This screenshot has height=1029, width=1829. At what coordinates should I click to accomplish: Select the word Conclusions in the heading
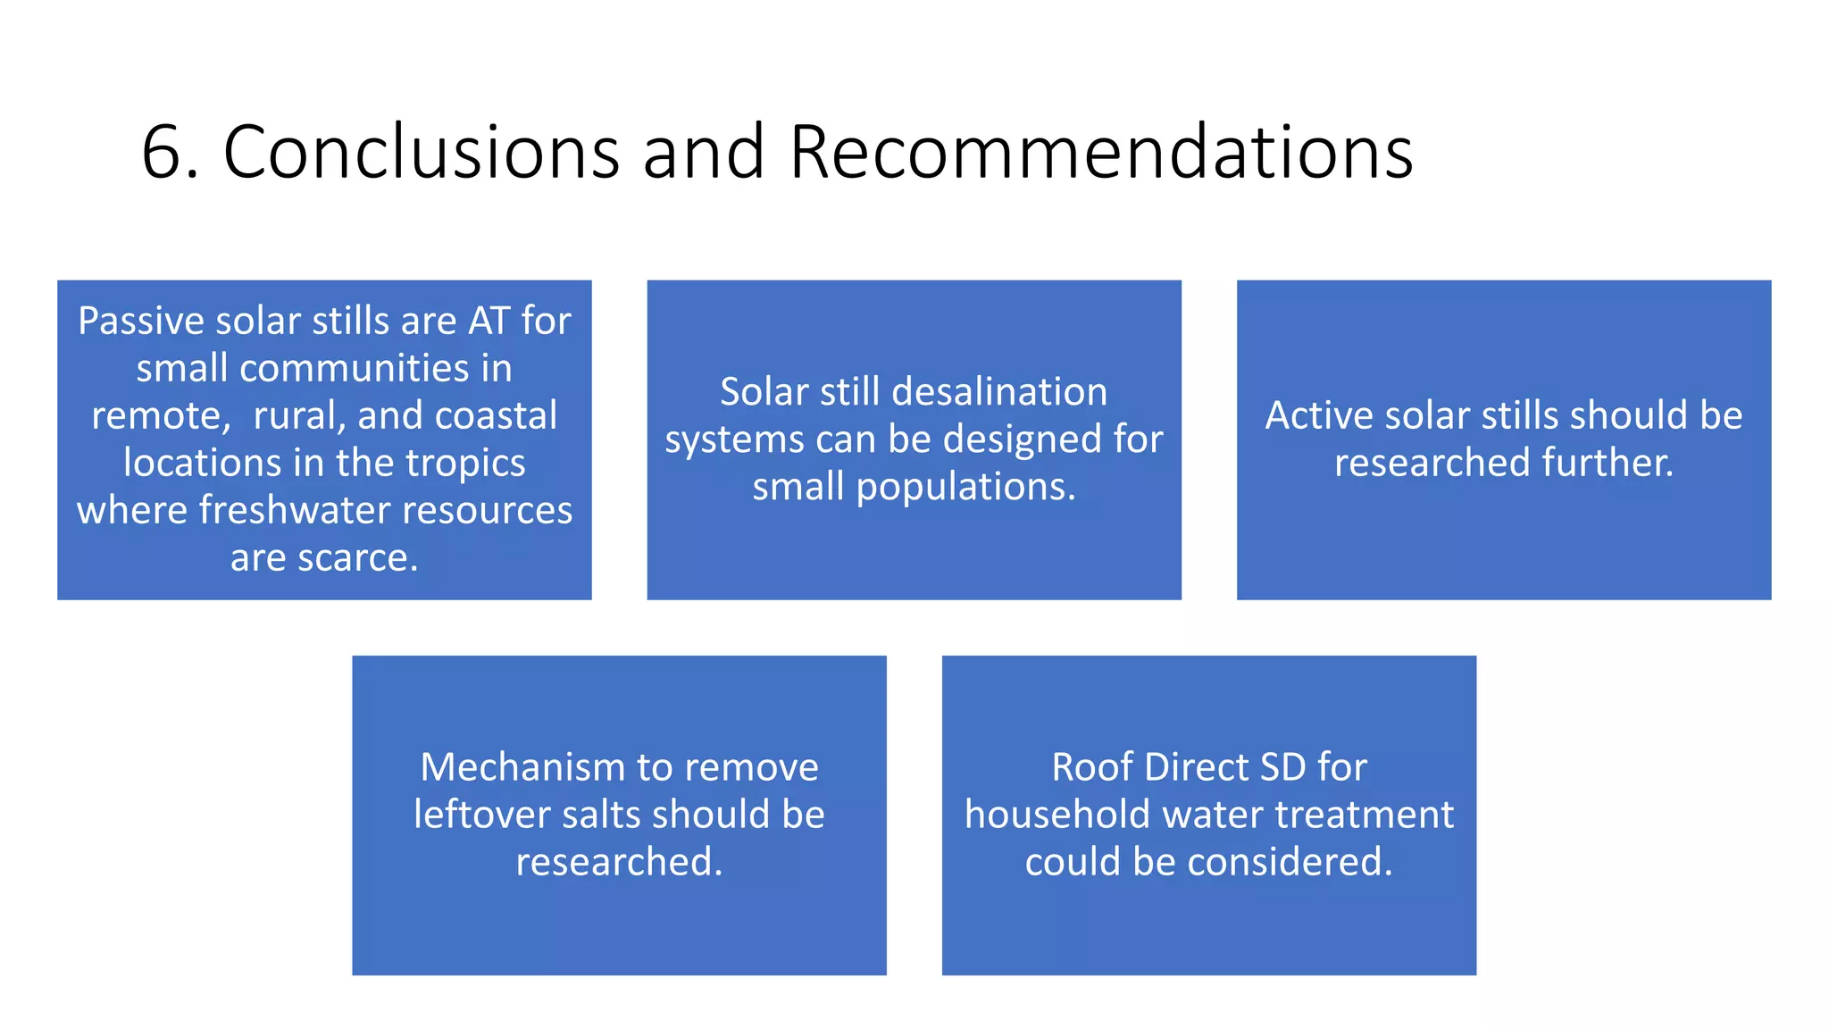pyautogui.click(x=421, y=152)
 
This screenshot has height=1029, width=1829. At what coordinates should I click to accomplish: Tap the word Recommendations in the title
pyautogui.click(x=1100, y=152)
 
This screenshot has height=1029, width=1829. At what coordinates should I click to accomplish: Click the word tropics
pyautogui.click(x=465, y=464)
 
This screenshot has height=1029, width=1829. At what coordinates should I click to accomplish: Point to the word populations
pyautogui.click(x=965, y=488)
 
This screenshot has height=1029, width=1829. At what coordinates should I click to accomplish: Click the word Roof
pyautogui.click(x=1092, y=768)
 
